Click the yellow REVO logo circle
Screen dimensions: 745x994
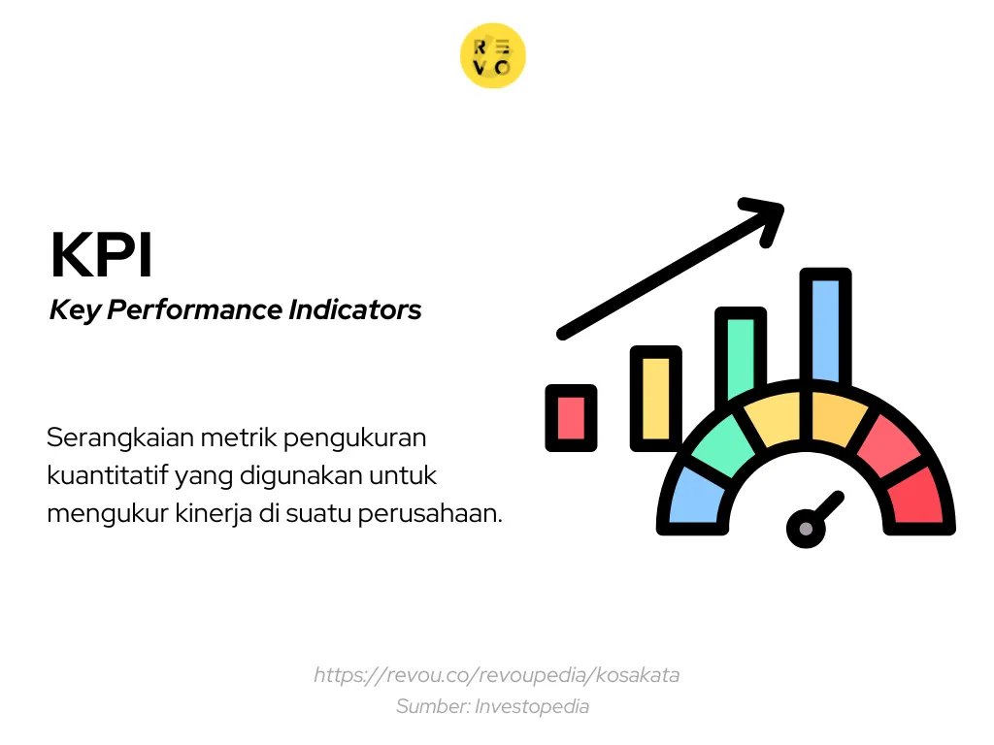click(x=492, y=56)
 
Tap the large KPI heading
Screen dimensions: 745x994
click(x=102, y=256)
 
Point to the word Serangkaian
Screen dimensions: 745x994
click(x=120, y=437)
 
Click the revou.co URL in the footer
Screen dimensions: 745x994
click(x=496, y=675)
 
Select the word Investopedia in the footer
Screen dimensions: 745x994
click(x=531, y=706)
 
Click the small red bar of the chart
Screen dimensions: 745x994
click(x=571, y=417)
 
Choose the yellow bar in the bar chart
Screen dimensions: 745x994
click(x=655, y=398)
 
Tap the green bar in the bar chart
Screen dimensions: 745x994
click(x=740, y=354)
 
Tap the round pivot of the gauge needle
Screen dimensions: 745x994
click(x=805, y=529)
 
